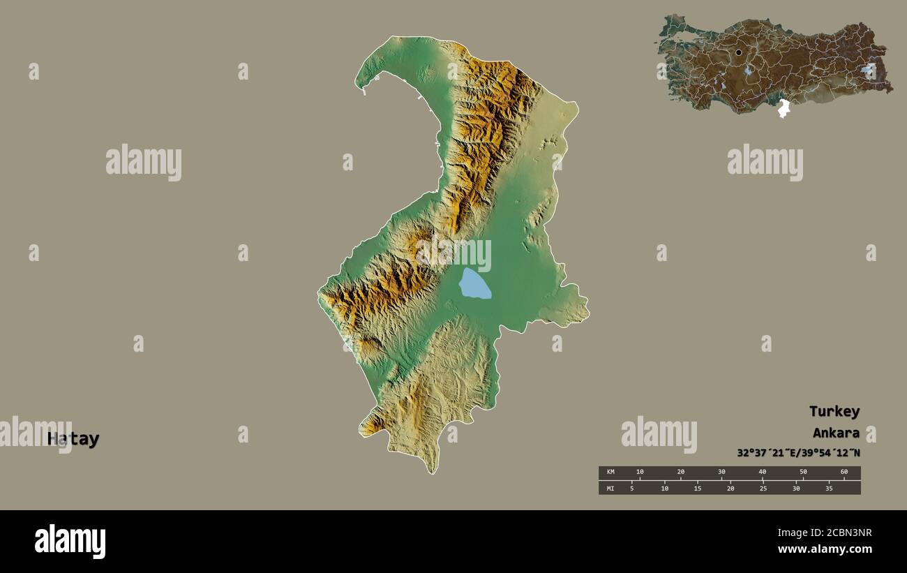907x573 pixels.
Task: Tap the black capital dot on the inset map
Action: coord(738,52)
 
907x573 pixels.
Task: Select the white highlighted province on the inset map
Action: coord(784,108)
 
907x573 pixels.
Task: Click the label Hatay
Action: coord(73,439)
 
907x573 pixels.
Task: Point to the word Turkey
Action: coord(834,411)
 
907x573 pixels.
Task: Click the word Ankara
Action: coord(836,433)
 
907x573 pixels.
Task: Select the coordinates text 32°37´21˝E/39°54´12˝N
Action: coord(798,452)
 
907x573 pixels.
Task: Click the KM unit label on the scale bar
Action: coord(610,472)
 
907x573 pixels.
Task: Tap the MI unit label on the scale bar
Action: coord(610,488)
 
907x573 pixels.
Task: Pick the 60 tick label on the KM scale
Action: coord(844,472)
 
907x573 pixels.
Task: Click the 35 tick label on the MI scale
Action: coord(829,488)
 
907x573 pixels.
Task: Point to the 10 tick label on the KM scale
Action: coord(640,472)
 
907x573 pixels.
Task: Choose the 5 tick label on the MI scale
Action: coord(632,488)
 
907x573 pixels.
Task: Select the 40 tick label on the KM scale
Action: coord(762,472)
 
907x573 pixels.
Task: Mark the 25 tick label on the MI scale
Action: coord(763,488)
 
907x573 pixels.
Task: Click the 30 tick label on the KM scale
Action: coord(721,472)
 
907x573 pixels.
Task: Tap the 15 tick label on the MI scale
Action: coord(698,488)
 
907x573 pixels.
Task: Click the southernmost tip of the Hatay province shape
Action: coord(433,472)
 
